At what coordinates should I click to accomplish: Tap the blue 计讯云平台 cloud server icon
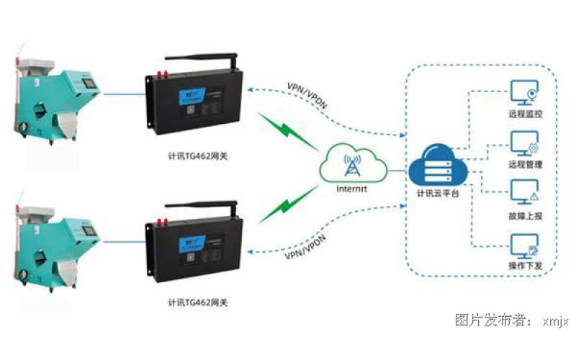point(437,166)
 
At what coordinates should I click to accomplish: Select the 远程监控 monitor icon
point(523,94)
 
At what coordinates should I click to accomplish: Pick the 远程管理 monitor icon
point(523,143)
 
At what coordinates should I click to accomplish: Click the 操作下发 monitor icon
point(523,246)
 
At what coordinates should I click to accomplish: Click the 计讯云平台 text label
point(438,193)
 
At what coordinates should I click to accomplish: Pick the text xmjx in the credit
point(556,321)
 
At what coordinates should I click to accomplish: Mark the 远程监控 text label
point(523,114)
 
